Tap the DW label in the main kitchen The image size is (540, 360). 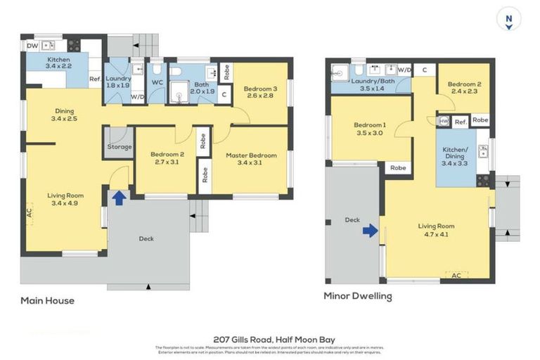point(32,46)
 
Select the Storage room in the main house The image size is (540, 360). point(119,147)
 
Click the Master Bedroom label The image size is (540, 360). point(251,155)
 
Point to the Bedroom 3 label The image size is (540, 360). point(261,89)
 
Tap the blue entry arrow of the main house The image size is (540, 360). point(120,198)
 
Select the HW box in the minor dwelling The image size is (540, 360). point(444,121)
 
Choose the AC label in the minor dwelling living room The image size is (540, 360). point(456,275)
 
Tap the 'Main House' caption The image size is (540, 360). point(47,301)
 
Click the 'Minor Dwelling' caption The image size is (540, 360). point(357,296)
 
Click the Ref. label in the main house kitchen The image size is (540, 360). point(95,79)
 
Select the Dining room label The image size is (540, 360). point(65,111)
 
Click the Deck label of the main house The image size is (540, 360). point(146,239)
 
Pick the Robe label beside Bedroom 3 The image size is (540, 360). point(226,71)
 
